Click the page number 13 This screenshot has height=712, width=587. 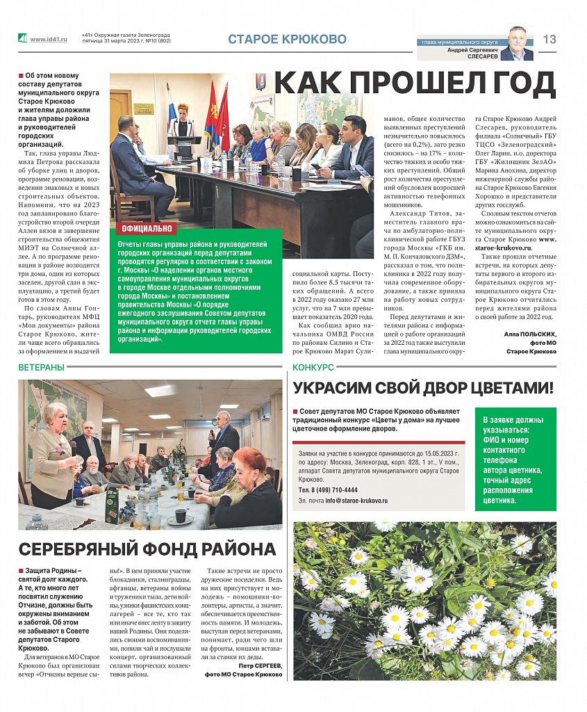click(549, 40)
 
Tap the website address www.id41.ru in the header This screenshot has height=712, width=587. click(49, 40)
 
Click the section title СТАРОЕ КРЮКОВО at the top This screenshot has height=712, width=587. click(287, 40)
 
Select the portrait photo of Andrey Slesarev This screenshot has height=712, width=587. click(517, 43)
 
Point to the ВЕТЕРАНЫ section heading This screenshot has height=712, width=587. click(42, 366)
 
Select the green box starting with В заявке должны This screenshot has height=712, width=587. click(515, 459)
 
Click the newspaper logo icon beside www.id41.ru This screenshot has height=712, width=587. click(22, 39)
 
